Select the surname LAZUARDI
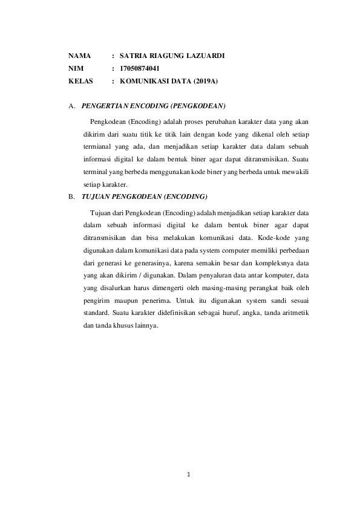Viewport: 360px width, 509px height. [205, 56]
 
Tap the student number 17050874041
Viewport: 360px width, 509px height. [140, 68]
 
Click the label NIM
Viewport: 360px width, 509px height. [76, 68]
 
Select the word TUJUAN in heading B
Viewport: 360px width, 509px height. [96, 197]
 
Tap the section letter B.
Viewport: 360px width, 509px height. [71, 197]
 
